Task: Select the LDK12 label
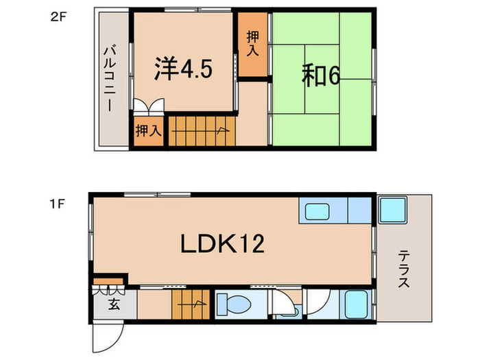click(222, 243)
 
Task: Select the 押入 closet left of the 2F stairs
click(147, 130)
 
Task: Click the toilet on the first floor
click(237, 304)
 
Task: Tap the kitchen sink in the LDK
click(317, 211)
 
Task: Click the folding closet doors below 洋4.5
click(148, 106)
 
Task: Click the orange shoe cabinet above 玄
click(108, 280)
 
